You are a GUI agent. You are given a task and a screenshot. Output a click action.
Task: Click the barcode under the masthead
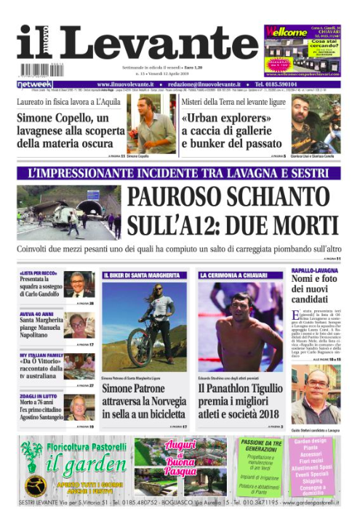pos(38,70)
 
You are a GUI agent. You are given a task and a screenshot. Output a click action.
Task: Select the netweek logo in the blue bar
pos(34,85)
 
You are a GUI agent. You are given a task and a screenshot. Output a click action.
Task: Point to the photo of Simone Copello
pos(153,126)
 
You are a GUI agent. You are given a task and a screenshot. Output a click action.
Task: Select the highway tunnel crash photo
pos(68,211)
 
